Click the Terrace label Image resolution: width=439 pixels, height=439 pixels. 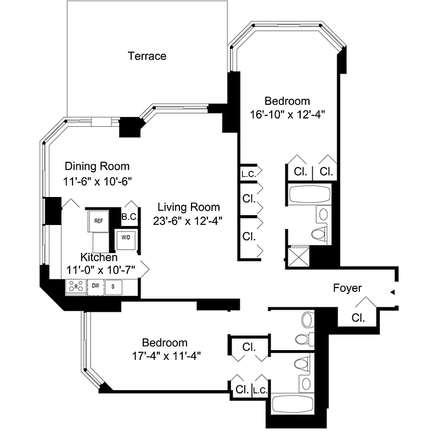click(x=147, y=56)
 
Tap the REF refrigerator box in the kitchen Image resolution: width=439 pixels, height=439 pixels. click(x=99, y=221)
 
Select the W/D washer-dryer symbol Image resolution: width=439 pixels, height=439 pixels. click(x=126, y=238)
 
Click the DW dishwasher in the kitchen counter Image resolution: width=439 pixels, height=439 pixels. click(x=95, y=286)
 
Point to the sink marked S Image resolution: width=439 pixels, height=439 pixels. click(x=114, y=286)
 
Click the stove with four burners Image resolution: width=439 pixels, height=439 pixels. click(x=75, y=286)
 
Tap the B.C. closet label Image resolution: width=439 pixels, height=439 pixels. click(x=129, y=217)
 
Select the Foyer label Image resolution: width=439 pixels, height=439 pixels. click(x=347, y=288)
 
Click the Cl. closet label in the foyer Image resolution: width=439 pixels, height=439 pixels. click(x=358, y=317)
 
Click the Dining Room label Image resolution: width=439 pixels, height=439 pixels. click(x=97, y=166)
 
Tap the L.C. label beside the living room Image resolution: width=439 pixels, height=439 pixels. click(x=246, y=175)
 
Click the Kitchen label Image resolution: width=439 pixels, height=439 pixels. click(x=99, y=257)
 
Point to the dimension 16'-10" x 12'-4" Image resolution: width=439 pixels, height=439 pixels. click(x=288, y=115)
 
